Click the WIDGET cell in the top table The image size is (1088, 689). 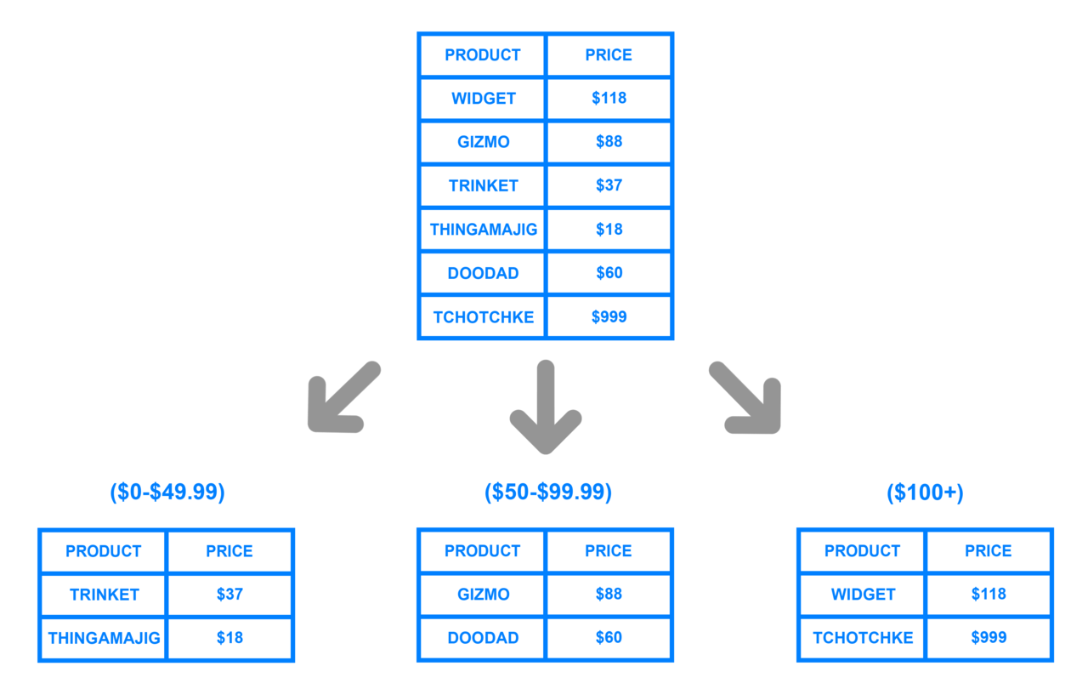point(484,99)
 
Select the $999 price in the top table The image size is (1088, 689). point(609,316)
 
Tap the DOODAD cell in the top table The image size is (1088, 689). point(484,273)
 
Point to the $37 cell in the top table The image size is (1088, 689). point(609,185)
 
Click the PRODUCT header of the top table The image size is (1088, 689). point(483,55)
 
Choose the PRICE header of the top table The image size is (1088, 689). point(609,55)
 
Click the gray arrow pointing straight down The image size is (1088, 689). point(546,407)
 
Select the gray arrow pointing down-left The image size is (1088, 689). point(344,396)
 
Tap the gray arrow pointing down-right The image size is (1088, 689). point(745,397)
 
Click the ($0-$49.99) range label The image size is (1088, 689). point(167,493)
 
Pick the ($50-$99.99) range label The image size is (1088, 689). point(548,493)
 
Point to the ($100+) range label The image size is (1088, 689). point(926,493)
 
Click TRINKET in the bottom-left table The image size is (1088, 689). point(105,595)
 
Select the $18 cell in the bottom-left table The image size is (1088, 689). point(229,638)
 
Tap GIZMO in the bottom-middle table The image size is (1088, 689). point(484,595)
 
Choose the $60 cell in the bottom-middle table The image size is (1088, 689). point(609,637)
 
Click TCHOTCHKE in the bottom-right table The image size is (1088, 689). point(863,638)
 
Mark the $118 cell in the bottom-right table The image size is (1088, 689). point(989,594)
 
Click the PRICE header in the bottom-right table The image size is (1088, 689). point(989,551)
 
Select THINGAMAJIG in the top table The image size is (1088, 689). point(484,230)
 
